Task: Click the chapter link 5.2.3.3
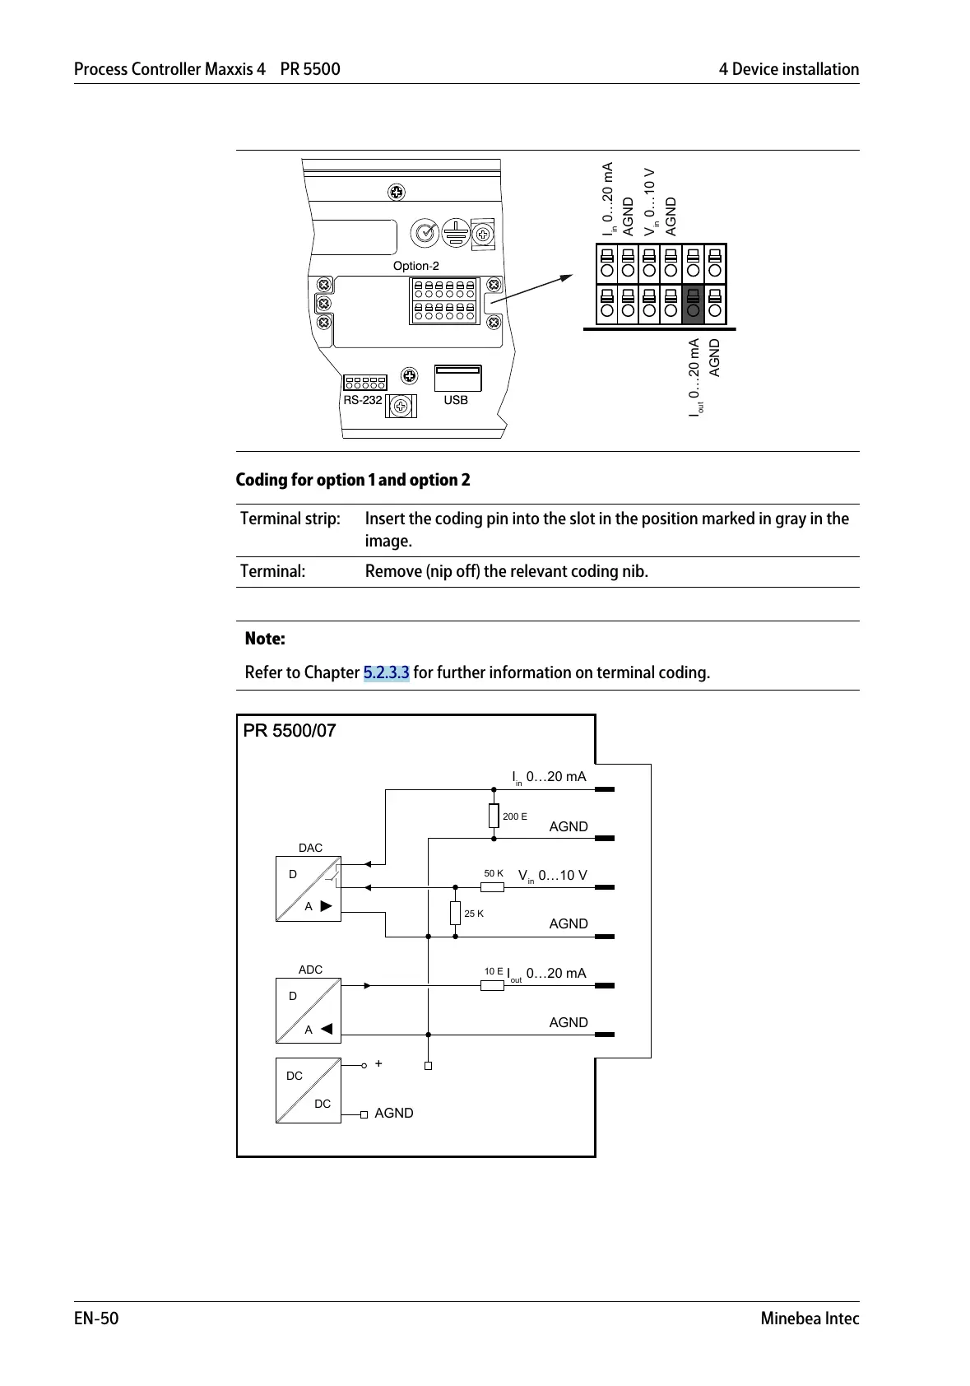386,672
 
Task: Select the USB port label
456,400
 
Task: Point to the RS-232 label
363,400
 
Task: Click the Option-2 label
415,266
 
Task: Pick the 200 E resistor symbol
494,816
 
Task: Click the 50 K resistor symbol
492,887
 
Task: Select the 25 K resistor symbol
455,913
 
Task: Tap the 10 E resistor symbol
492,985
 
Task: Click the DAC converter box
308,889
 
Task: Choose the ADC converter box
308,1011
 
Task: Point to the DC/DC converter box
308,1090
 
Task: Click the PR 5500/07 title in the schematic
290,731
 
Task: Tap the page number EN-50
96,1319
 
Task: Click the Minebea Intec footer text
810,1319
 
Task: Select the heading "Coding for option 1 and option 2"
353,480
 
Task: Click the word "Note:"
265,639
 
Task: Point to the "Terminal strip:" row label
290,519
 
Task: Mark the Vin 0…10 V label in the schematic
553,876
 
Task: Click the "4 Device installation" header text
788,69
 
